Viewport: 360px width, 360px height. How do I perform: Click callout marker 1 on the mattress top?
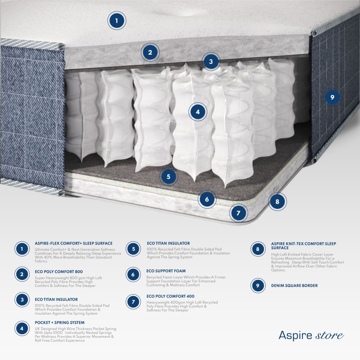tap(117, 21)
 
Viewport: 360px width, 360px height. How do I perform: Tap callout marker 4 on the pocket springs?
tap(198, 112)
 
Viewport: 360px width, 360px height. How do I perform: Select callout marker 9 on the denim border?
tap(332, 97)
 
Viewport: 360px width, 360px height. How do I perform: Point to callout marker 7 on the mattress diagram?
tap(238, 213)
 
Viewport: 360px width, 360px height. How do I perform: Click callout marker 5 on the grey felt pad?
tap(168, 176)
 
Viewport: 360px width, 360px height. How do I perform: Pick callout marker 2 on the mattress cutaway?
tap(150, 52)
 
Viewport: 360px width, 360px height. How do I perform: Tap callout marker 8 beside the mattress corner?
tap(277, 201)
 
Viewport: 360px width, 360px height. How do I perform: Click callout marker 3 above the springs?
tap(211, 62)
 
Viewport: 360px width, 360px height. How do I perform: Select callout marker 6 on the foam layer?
tap(207, 199)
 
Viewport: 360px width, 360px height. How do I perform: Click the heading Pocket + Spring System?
tap(60, 323)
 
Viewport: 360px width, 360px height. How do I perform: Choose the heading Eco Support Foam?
tap(166, 271)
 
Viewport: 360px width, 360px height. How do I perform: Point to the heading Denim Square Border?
tap(294, 285)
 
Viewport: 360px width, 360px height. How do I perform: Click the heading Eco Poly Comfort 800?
tap(59, 272)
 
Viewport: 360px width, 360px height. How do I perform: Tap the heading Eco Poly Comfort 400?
tap(171, 296)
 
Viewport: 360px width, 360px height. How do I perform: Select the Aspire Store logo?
tap(311, 335)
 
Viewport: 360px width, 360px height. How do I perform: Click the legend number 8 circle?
tap(258, 249)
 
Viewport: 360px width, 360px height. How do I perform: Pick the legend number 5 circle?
tap(133, 249)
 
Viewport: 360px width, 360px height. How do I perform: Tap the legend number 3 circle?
tap(22, 300)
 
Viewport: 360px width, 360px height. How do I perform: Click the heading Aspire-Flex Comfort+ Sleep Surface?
tap(73, 243)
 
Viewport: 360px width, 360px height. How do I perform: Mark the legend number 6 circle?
tap(133, 274)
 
